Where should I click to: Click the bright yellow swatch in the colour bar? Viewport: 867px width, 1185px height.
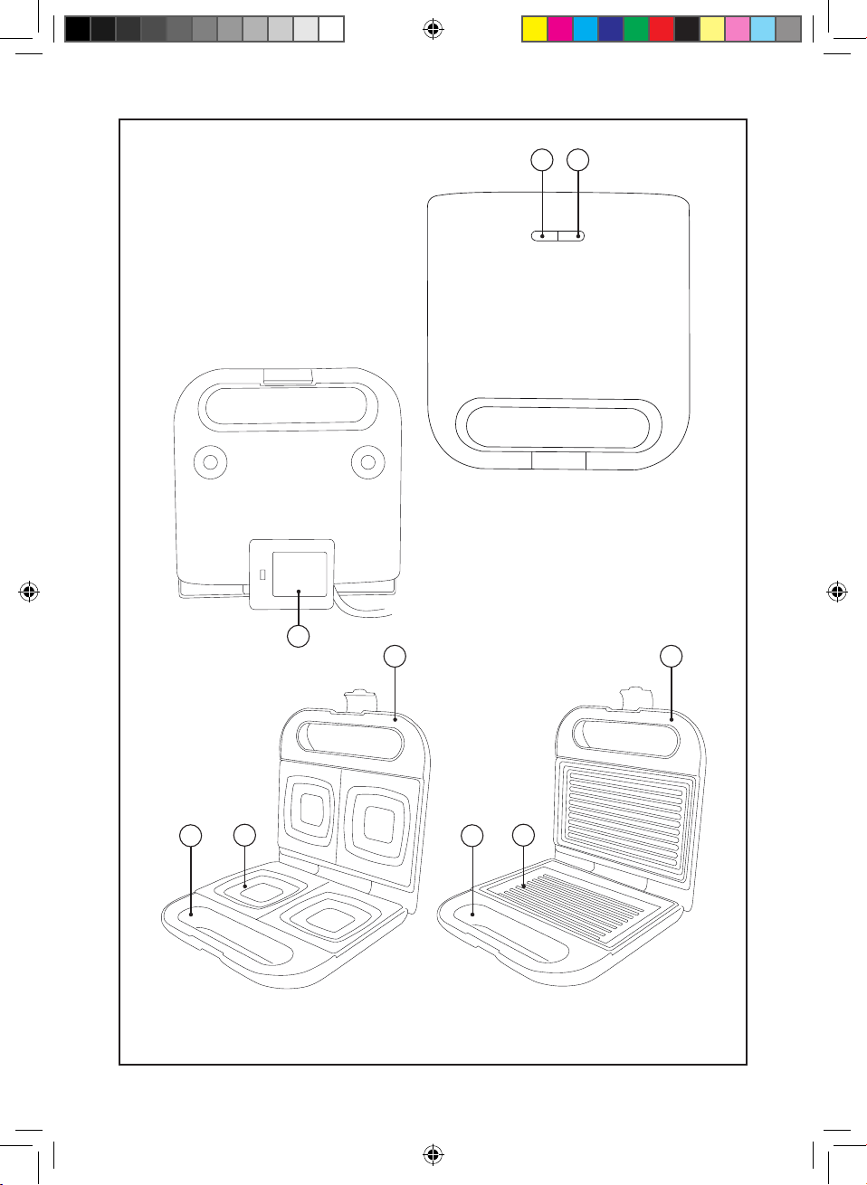pos(535,29)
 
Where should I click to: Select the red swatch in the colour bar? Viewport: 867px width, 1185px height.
pos(662,29)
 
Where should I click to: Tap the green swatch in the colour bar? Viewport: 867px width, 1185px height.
pos(636,29)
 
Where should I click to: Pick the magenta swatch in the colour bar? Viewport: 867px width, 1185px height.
pos(560,29)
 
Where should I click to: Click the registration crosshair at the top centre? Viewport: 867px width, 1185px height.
pos(433,30)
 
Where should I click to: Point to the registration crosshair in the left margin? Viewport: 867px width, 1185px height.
pos(29,592)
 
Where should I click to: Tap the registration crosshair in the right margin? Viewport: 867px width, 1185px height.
pos(837,592)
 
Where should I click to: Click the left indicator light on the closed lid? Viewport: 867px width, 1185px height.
pos(544,236)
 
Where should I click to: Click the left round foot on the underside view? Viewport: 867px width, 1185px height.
pos(211,462)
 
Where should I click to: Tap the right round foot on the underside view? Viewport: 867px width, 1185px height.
pos(367,462)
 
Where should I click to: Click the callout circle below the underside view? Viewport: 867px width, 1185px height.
pos(298,636)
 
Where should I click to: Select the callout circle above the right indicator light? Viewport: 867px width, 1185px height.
pos(577,160)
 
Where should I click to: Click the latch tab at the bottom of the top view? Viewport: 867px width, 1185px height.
pos(558,460)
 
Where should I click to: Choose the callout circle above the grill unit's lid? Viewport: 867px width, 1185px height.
pos(671,656)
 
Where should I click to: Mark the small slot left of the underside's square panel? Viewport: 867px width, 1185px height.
pos(262,574)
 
